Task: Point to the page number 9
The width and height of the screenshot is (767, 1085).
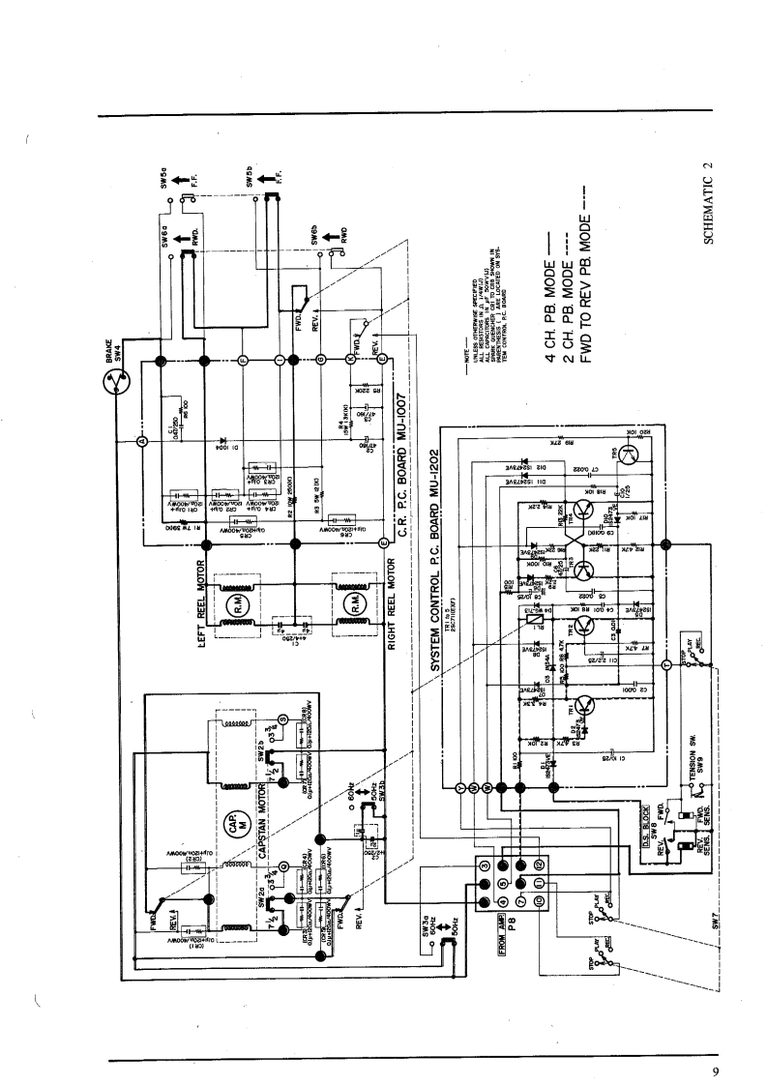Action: tap(715, 1070)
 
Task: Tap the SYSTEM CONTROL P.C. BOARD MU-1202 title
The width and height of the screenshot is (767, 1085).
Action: tap(436, 562)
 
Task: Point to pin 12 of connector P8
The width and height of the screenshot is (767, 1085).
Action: tap(539, 863)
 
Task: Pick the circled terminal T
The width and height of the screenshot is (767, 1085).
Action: tap(666, 663)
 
